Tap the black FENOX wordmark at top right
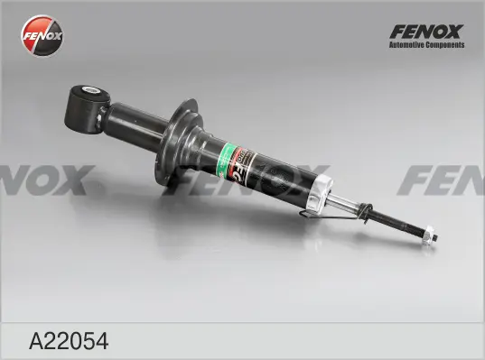[x=425, y=31]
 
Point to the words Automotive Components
[x=425, y=44]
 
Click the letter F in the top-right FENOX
[x=395, y=31]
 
